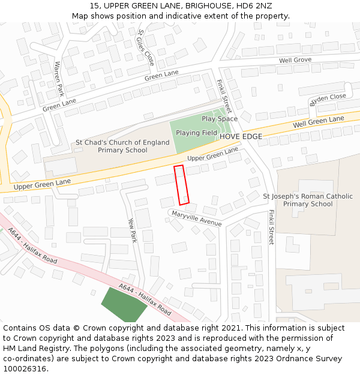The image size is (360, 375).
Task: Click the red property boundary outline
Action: click(x=182, y=185)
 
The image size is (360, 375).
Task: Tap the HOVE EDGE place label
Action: click(x=241, y=137)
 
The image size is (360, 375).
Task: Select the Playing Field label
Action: click(x=196, y=133)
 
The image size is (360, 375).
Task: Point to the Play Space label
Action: click(x=219, y=119)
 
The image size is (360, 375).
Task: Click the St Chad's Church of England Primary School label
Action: click(x=122, y=146)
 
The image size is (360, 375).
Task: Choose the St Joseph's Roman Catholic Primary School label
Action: click(x=308, y=200)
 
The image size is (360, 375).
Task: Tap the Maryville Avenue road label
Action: click(x=196, y=218)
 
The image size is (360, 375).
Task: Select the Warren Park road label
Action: click(x=59, y=79)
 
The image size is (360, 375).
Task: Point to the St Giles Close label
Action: click(x=146, y=47)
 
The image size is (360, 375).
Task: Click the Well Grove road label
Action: click(x=295, y=60)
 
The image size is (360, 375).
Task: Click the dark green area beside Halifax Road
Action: click(x=124, y=304)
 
